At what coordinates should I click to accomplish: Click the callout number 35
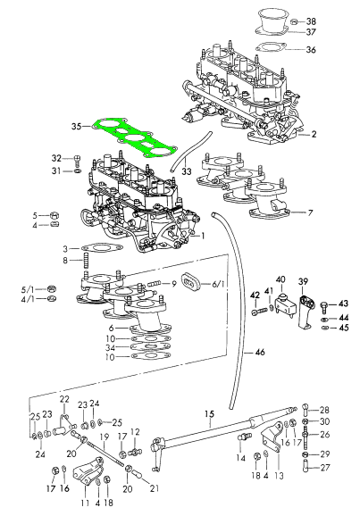pyautogui.click(x=77, y=127)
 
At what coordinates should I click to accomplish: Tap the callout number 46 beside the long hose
pyautogui.click(x=260, y=352)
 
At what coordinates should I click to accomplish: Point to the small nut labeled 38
pyautogui.click(x=295, y=21)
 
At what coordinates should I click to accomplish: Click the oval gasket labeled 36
pyautogui.click(x=270, y=47)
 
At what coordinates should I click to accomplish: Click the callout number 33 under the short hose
pyautogui.click(x=187, y=171)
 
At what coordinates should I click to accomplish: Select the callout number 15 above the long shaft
pyautogui.click(x=209, y=413)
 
